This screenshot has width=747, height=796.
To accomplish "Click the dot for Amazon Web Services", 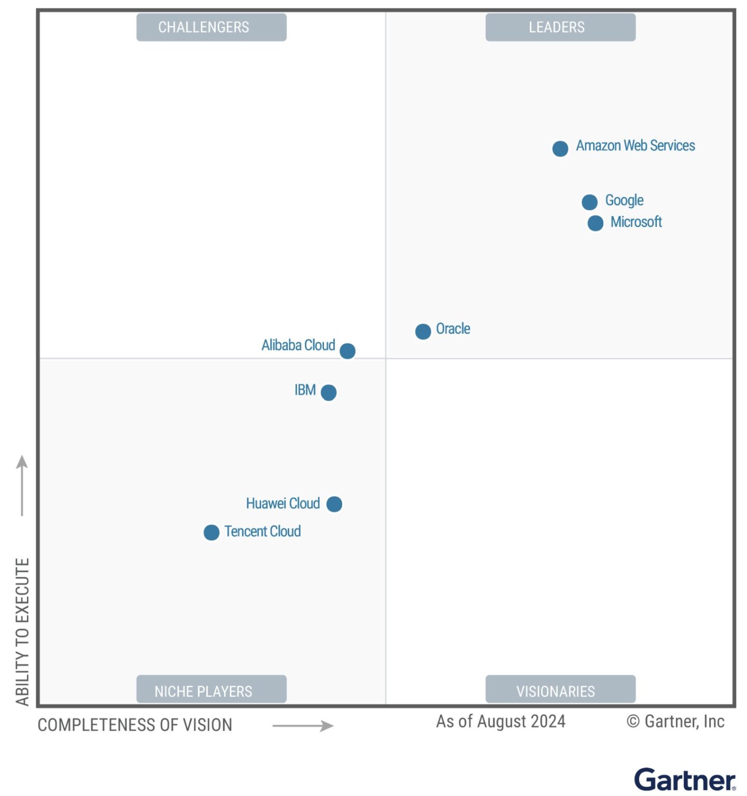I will coord(560,149).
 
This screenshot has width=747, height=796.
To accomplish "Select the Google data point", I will coord(589,202).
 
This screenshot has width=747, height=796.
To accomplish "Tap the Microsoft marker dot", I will coord(595,223).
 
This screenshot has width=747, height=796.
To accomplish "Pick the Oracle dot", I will coord(423,331).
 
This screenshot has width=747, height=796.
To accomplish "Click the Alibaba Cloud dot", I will coord(347,351).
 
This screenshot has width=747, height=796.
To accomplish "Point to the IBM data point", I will coord(329,392).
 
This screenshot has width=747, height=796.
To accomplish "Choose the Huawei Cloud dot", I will coord(334,504).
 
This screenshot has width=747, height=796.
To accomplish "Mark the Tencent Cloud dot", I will coord(212,532).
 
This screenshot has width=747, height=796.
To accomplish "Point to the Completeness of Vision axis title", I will coord(135,724).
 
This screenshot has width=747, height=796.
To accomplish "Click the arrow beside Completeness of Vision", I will coord(303,726).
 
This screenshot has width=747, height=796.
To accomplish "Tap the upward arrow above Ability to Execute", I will coord(22,485).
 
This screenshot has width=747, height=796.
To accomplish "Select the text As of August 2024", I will coord(500,721).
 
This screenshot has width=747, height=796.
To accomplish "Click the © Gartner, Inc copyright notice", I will coord(675,721).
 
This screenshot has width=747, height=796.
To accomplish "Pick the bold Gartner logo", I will coord(684,779).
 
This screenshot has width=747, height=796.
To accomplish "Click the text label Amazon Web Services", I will coord(635,146).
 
